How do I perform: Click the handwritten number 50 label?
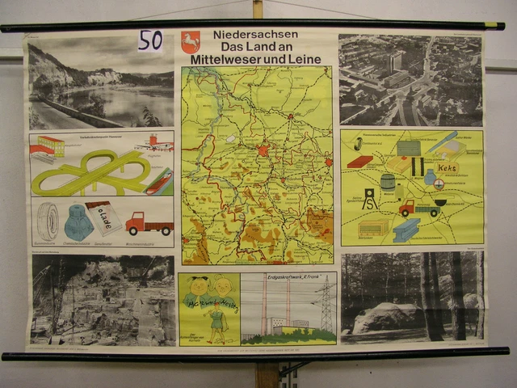pos(149,40)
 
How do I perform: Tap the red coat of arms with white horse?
pos(191,42)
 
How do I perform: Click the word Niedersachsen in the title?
pos(256,34)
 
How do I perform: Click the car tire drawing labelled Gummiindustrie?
pos(48,221)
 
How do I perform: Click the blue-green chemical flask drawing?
pos(78,221)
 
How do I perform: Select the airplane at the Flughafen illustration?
pos(153,145)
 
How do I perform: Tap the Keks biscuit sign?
pos(447,168)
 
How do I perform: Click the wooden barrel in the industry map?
pos(388,183)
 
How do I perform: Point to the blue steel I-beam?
pos(406,230)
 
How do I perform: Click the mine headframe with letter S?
pos(368,199)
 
